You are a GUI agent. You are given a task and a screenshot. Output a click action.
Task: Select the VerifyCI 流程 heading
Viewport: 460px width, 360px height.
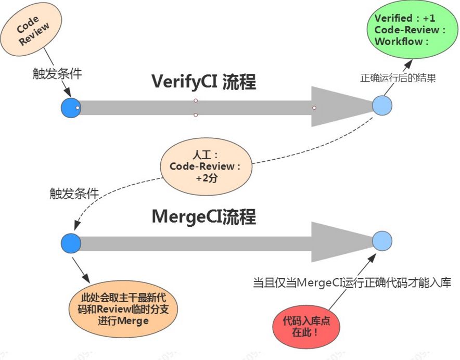click(x=203, y=82)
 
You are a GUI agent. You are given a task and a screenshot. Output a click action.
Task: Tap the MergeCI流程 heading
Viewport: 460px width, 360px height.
click(x=203, y=217)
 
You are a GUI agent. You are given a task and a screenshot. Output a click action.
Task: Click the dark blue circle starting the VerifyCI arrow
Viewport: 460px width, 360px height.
click(x=70, y=108)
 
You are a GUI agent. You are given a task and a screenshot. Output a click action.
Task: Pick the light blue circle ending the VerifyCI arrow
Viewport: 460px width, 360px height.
click(x=382, y=106)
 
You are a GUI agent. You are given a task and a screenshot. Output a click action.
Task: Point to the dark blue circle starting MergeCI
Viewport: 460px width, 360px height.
click(x=71, y=243)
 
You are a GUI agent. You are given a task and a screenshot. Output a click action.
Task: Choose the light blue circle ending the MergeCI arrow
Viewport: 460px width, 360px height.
click(x=382, y=240)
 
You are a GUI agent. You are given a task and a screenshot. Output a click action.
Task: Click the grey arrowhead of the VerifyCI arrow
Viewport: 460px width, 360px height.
click(x=338, y=107)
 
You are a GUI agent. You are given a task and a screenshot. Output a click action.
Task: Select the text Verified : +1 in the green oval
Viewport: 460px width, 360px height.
click(x=405, y=19)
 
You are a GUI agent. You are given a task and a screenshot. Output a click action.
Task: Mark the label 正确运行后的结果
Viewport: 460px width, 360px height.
click(x=398, y=79)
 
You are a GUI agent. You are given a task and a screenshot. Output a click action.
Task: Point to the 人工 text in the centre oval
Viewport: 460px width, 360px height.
click(x=205, y=156)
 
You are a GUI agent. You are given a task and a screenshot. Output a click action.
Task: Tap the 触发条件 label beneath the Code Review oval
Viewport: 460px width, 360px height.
click(x=57, y=74)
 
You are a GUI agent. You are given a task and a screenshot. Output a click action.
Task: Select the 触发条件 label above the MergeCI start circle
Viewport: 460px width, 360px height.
click(x=74, y=194)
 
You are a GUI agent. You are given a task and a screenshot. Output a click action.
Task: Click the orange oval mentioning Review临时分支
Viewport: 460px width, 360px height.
click(x=123, y=310)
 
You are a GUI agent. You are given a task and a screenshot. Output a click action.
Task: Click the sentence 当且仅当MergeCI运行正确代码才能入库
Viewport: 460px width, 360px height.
click(x=352, y=283)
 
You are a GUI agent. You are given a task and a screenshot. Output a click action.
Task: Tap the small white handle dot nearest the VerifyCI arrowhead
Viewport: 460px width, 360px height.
click(x=314, y=108)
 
